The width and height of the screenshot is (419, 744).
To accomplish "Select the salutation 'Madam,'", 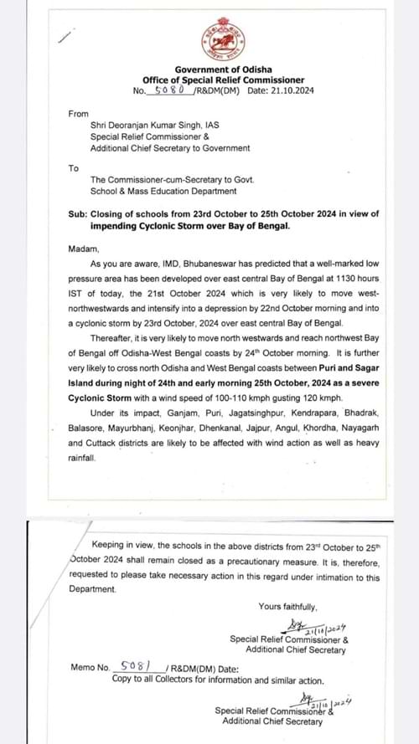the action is point(84,249).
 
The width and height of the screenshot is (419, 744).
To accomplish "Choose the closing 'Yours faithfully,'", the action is point(287,607).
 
